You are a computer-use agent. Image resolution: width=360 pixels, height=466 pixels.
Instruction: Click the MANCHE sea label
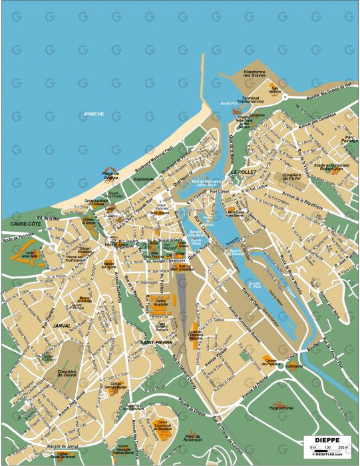coord(93,114)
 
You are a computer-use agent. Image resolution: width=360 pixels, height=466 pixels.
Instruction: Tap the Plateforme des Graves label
coord(254,75)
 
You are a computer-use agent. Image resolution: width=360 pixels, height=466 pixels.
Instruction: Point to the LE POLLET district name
coord(243,172)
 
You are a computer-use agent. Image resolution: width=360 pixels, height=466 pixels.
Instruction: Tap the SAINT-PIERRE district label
coord(156,342)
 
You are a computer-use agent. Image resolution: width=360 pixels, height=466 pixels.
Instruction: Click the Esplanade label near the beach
coord(143,179)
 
